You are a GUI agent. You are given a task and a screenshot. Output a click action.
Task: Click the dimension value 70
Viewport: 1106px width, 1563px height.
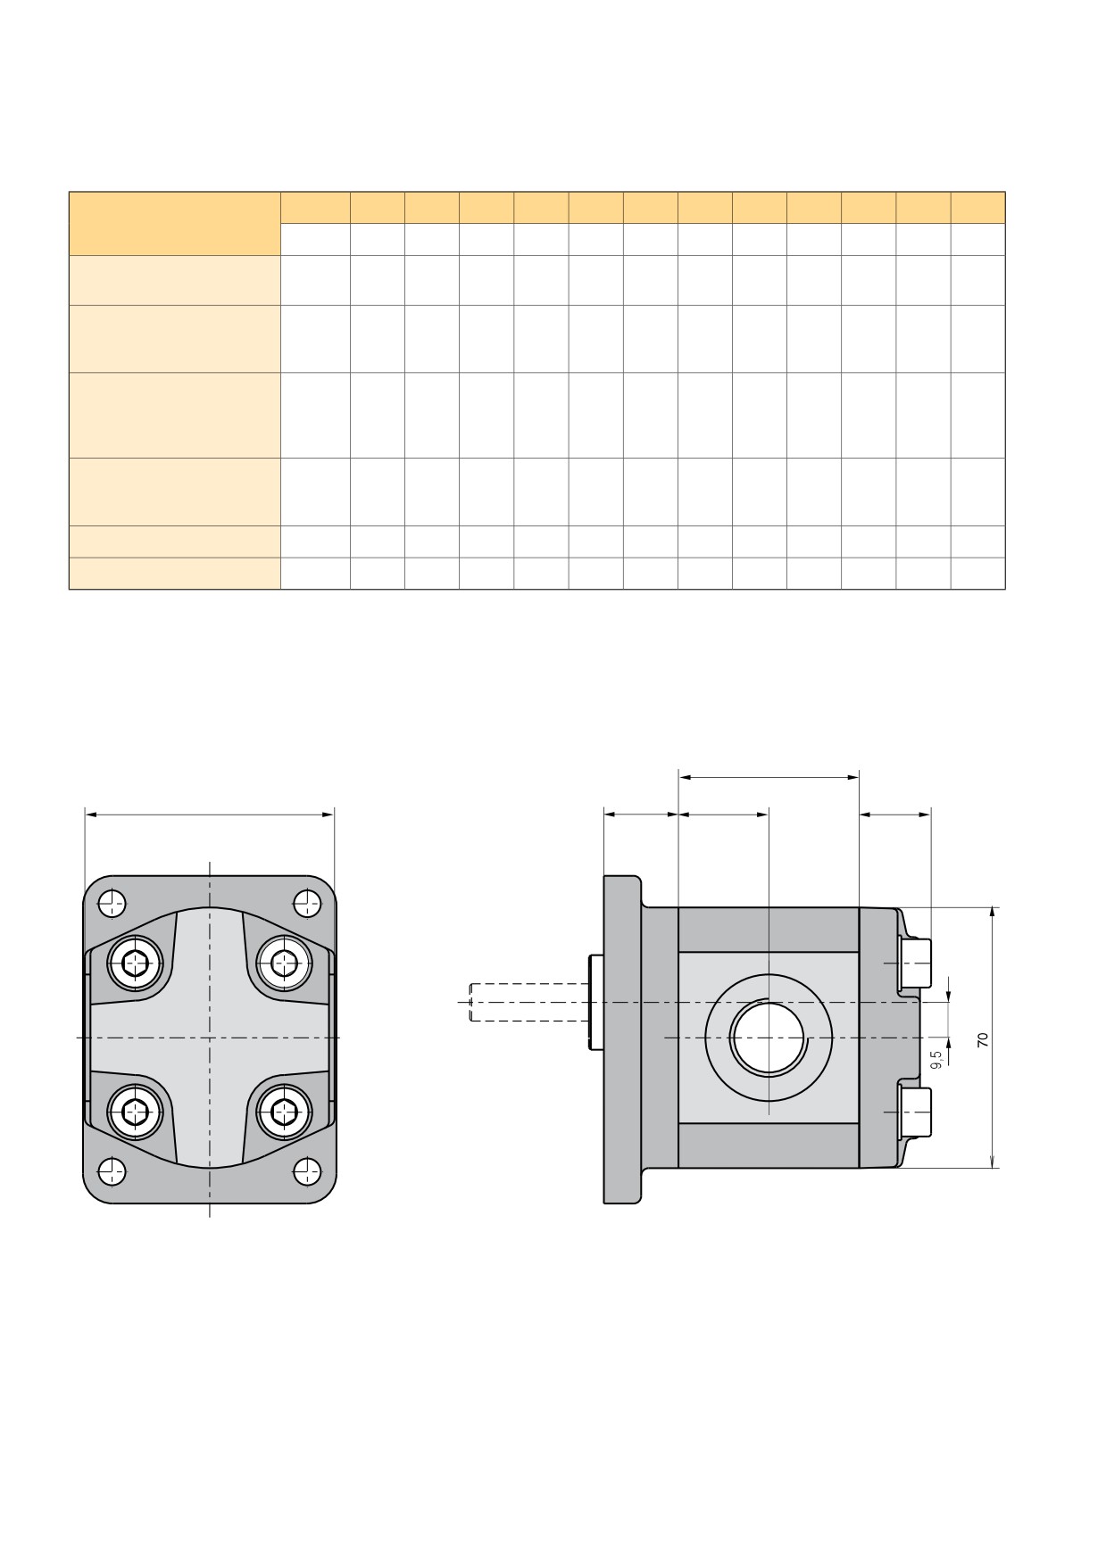[983, 1039]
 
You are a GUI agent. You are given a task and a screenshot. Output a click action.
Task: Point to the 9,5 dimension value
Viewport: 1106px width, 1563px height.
[936, 1060]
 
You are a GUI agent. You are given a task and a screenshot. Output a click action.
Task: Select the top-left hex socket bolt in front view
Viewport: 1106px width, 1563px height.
[136, 963]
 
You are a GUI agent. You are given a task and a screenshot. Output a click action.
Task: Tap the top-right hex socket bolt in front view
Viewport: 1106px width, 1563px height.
[285, 963]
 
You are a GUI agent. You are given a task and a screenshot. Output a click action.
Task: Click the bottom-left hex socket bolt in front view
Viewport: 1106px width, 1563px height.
[136, 1112]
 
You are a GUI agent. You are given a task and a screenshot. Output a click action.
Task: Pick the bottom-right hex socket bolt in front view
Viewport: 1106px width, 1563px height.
[285, 1112]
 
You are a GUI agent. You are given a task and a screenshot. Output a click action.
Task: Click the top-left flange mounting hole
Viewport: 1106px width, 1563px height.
[112, 904]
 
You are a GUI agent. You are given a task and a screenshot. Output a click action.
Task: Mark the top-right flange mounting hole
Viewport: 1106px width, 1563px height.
[307, 904]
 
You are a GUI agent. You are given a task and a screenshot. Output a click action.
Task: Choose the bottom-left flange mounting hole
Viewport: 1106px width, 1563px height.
[112, 1170]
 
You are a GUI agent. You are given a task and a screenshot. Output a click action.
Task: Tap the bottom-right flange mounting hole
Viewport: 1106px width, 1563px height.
[307, 1170]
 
